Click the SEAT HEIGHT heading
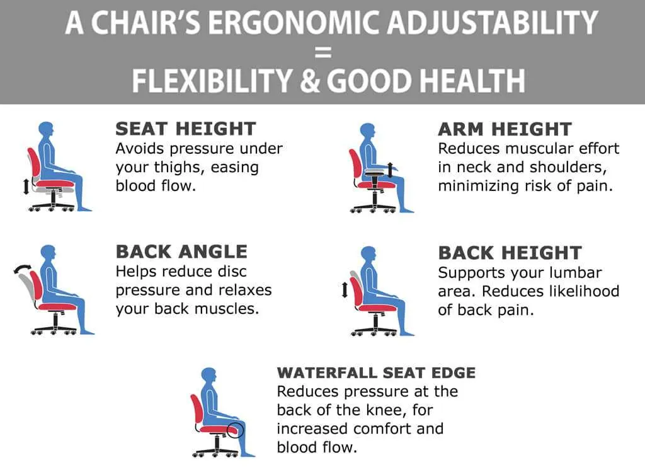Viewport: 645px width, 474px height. (186, 129)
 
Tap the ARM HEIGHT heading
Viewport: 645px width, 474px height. (505, 129)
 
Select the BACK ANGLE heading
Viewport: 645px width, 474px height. (181, 252)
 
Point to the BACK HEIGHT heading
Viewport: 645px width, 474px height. (510, 253)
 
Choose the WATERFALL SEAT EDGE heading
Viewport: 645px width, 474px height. (377, 373)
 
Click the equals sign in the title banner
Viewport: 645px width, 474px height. (323, 52)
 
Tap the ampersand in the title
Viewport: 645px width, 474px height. (309, 81)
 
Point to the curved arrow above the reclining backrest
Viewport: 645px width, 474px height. (23, 269)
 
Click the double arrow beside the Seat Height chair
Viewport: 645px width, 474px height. (26, 187)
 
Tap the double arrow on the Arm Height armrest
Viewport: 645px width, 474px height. (390, 170)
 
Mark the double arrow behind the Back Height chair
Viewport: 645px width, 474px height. (345, 290)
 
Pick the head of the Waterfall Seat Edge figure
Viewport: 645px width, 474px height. (209, 376)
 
